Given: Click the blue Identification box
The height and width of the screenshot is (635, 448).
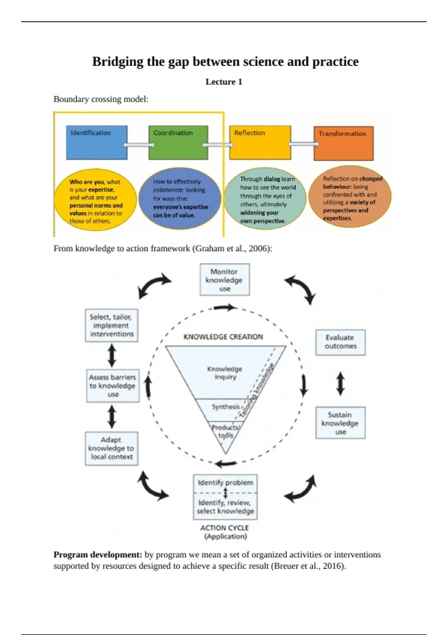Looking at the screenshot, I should (x=97, y=142).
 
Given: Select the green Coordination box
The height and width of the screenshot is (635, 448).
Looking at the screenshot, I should (x=178, y=142).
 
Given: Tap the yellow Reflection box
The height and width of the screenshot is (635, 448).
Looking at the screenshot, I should (x=260, y=142).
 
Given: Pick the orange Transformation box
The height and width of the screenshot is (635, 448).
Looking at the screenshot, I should (x=343, y=143).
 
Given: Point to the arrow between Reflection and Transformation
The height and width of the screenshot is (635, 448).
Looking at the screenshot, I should (x=302, y=144).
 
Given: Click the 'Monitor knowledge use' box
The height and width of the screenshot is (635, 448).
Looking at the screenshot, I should (x=224, y=280).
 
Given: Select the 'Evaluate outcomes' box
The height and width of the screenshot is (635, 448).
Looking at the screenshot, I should (x=340, y=342).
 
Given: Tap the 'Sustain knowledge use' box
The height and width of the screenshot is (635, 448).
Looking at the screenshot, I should (x=340, y=423).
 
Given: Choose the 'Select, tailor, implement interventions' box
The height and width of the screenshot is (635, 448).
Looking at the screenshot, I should (x=111, y=325).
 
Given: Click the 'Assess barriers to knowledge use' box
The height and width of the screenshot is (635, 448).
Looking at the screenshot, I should (x=112, y=386).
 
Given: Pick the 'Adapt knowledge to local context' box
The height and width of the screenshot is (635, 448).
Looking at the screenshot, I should (x=111, y=448).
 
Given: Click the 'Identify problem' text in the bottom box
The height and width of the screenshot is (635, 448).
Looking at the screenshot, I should (x=225, y=483).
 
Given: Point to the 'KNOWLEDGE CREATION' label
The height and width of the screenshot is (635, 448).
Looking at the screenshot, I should (x=223, y=337).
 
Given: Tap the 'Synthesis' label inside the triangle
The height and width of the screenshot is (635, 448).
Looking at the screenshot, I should (x=225, y=407).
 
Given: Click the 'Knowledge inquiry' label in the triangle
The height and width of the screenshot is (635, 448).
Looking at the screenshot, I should (x=225, y=373).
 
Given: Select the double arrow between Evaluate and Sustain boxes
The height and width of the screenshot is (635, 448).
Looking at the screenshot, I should (x=340, y=384).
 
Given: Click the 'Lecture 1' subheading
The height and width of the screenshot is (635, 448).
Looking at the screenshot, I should (x=224, y=82).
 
